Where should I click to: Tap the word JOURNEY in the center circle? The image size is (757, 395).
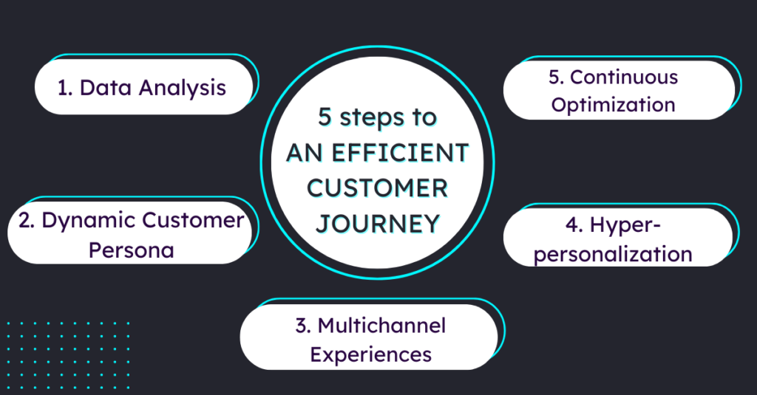pyautogui.click(x=378, y=223)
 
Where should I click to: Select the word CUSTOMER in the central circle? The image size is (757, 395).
pyautogui.click(x=378, y=188)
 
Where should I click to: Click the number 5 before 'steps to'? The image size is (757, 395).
pyautogui.click(x=325, y=117)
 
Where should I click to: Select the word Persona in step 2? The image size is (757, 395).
pyautogui.click(x=132, y=250)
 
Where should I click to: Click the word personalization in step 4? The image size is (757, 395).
pyautogui.click(x=613, y=255)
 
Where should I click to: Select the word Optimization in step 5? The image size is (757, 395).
pyautogui.click(x=613, y=105)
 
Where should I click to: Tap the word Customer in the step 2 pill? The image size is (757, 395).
pyautogui.click(x=193, y=221)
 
